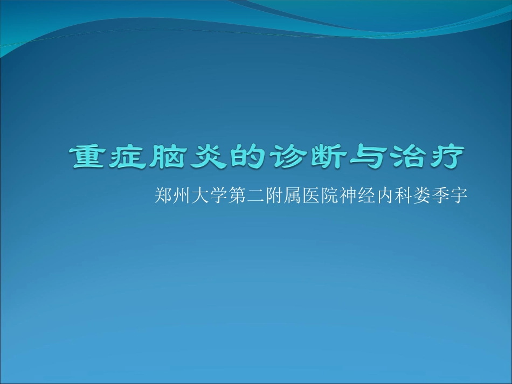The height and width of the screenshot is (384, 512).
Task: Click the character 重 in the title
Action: (91, 157)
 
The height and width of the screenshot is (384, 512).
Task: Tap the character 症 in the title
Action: (130, 157)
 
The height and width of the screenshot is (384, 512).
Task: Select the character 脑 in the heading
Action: (169, 157)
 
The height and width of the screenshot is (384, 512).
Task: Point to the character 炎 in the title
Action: (208, 157)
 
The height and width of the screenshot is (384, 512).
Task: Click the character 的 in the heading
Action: (247, 157)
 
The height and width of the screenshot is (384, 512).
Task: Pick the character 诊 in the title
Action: (287, 157)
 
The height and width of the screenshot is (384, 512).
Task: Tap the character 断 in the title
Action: (326, 157)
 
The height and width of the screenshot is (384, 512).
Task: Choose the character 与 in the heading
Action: (365, 157)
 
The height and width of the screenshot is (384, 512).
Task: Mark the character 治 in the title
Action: (405, 157)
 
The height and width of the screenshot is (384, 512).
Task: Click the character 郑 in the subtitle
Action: (163, 195)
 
